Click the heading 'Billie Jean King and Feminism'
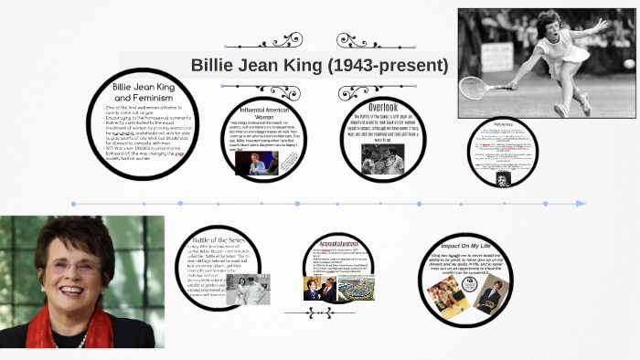click(143, 91)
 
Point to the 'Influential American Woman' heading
click(264, 112)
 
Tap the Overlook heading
click(383, 108)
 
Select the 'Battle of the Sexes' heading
click(220, 239)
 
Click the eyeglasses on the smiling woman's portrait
click(76, 267)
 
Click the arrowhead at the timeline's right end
click(581, 203)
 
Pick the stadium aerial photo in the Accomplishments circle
click(357, 288)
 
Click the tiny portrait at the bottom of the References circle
click(503, 179)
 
